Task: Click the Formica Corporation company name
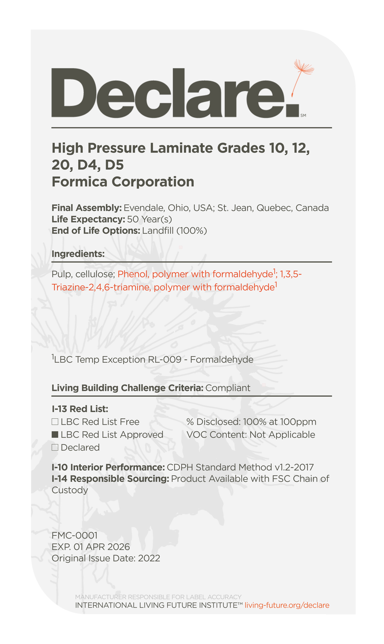[x=123, y=182]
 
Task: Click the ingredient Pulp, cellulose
[x=83, y=274]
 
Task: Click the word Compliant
[x=228, y=388]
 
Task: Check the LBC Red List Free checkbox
[x=55, y=422]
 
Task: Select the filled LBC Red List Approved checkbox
[x=55, y=435]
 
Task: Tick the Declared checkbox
[x=55, y=448]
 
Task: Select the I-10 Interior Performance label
[x=108, y=467]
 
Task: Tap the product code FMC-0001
[x=75, y=535]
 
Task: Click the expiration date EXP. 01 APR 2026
[x=91, y=547]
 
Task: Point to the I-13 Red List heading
[x=80, y=409]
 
